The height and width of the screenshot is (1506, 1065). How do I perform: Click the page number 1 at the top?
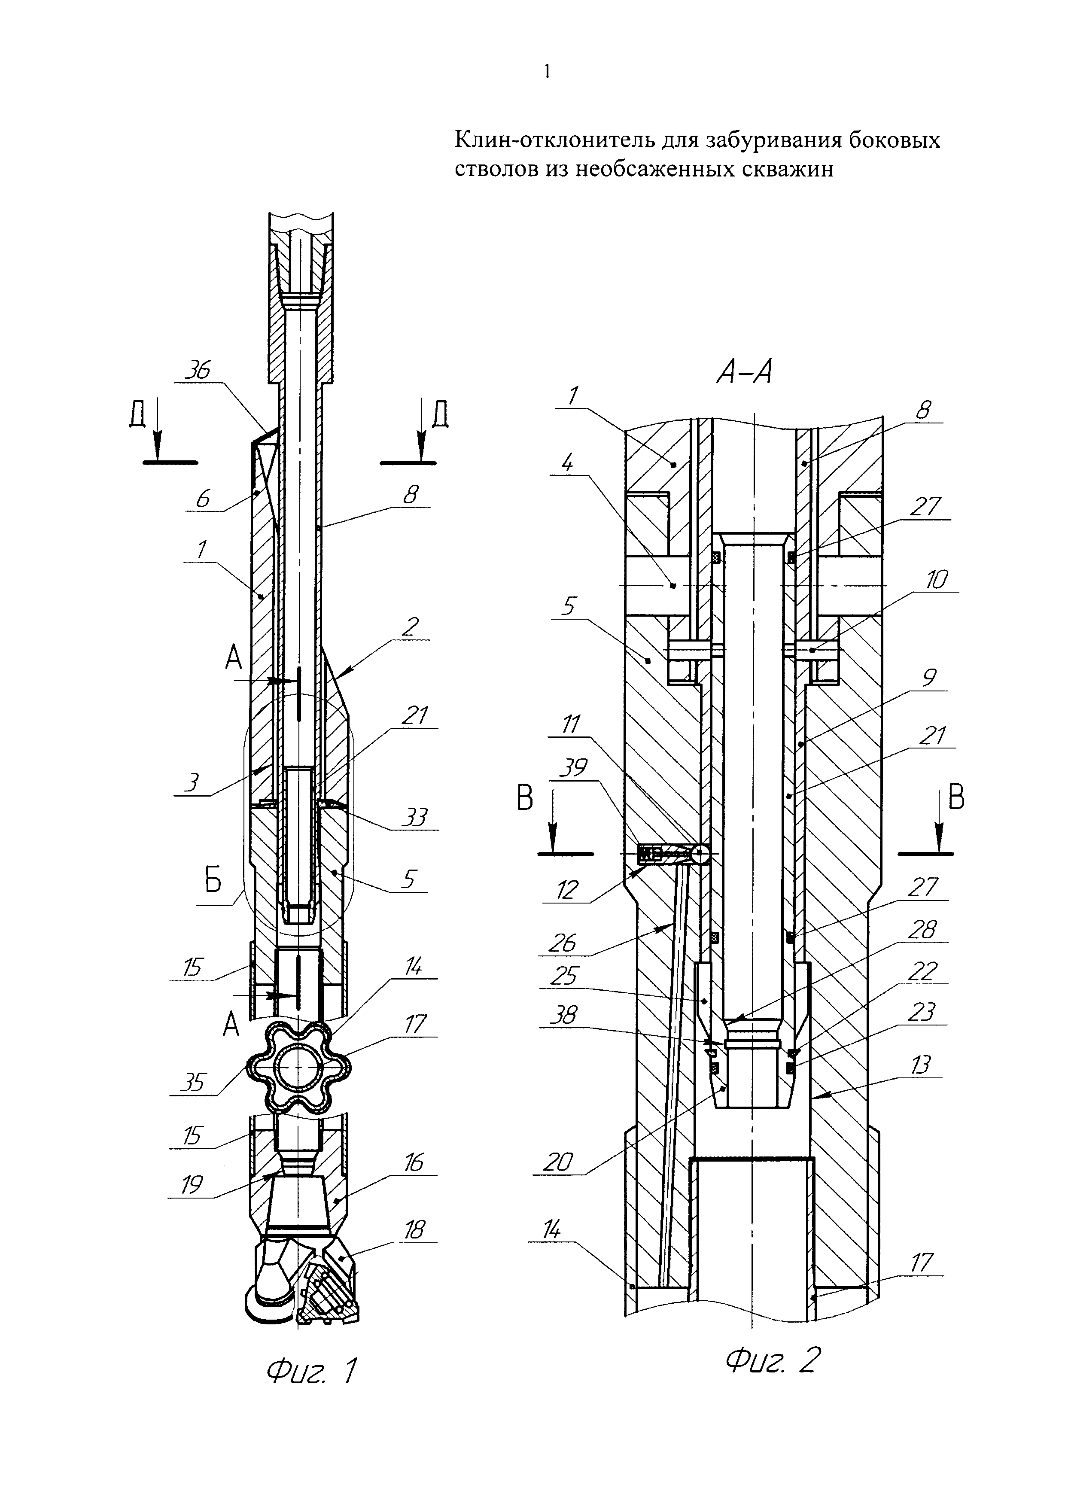pyautogui.click(x=547, y=71)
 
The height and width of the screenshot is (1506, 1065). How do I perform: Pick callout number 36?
pyautogui.click(x=197, y=371)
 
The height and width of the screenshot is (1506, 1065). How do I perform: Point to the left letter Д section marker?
pyautogui.click(x=138, y=417)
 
